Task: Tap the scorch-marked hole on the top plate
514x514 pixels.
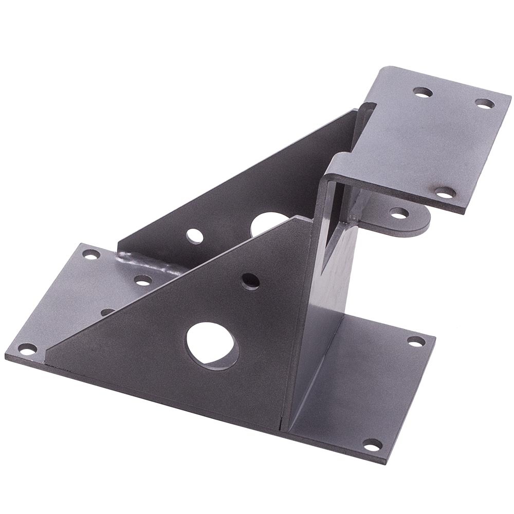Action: point(445,193)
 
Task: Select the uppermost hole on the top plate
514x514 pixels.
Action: point(423,93)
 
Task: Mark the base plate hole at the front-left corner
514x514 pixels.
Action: point(26,351)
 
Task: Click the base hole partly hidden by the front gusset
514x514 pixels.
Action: point(108,311)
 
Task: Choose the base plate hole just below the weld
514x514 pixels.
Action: point(143,281)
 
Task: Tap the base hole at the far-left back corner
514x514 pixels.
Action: point(90,254)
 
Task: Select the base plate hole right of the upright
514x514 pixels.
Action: point(414,341)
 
